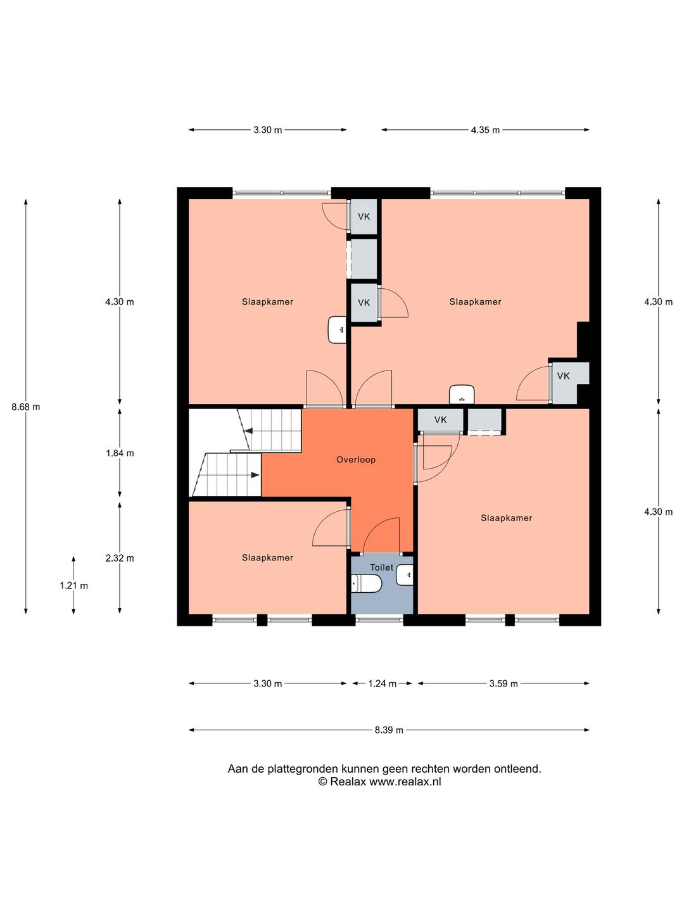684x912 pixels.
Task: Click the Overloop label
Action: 356,460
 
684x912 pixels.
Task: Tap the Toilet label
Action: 382,567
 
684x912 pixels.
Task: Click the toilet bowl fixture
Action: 366,584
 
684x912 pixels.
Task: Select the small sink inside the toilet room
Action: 405,575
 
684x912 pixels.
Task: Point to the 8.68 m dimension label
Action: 26,407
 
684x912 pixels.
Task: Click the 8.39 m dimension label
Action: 389,730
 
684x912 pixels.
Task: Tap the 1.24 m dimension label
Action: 383,683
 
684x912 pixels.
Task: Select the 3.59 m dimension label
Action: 503,683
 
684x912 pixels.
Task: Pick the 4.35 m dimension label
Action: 486,130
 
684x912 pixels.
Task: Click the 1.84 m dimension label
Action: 120,453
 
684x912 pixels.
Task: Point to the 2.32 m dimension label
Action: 120,558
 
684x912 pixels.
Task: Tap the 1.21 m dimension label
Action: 74,585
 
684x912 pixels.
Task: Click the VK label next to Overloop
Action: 441,420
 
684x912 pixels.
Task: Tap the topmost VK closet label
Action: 364,217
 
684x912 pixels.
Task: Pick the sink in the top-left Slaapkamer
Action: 337,330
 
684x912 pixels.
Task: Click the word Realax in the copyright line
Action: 348,782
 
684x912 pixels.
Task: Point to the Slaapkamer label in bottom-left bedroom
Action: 267,557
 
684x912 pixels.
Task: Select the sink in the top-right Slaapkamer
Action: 462,395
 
